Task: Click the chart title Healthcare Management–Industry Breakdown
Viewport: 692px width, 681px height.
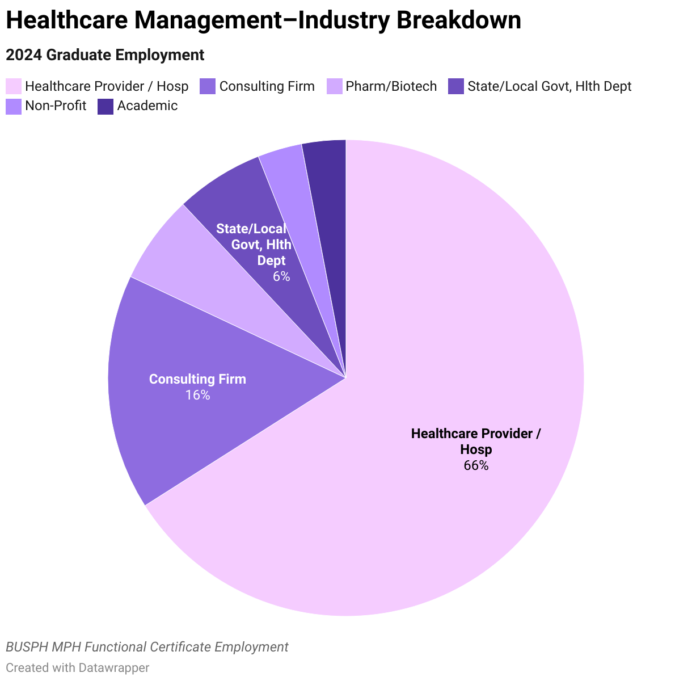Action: (x=263, y=21)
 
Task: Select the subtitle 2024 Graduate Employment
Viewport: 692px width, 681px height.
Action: (x=105, y=55)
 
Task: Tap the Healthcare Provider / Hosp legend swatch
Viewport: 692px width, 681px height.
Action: (x=14, y=86)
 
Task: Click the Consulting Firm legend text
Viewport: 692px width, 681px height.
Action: (x=267, y=86)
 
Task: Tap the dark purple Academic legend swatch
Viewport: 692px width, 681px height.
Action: (x=106, y=106)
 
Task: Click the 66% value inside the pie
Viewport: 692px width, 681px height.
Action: (x=476, y=466)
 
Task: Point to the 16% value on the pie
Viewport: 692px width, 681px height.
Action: (x=197, y=395)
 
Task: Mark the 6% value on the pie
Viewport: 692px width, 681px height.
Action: (x=281, y=277)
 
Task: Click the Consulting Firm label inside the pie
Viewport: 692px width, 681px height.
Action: (x=197, y=379)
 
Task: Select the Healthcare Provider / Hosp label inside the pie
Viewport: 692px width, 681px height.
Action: (x=476, y=442)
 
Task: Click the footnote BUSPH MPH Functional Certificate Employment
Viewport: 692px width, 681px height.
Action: (x=147, y=647)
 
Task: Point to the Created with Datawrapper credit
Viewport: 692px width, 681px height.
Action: (x=78, y=668)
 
